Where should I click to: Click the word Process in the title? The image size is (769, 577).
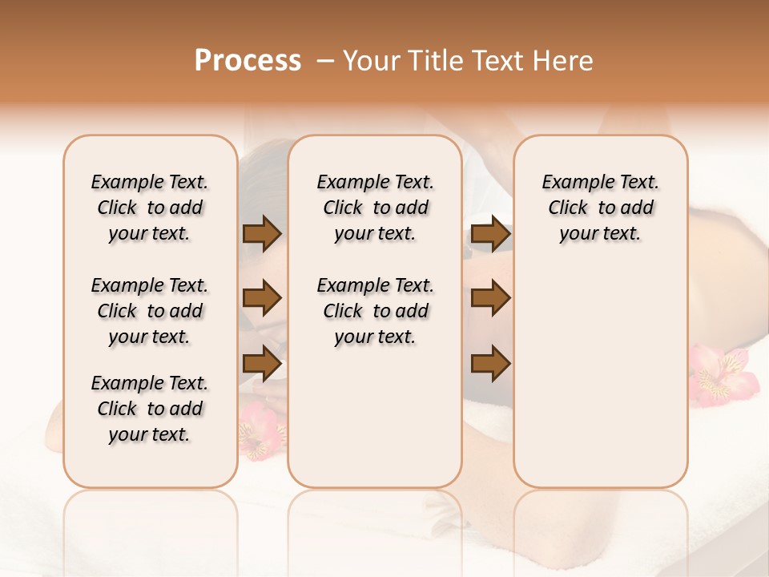pyautogui.click(x=248, y=60)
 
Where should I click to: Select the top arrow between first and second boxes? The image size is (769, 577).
pyautogui.click(x=262, y=234)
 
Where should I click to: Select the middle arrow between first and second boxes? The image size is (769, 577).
pyautogui.click(x=262, y=299)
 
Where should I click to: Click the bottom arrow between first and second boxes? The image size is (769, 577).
pyautogui.click(x=262, y=363)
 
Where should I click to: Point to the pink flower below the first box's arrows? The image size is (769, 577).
pyautogui.click(x=261, y=430)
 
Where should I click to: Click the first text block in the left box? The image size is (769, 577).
pyautogui.click(x=150, y=208)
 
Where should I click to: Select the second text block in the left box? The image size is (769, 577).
pyautogui.click(x=150, y=311)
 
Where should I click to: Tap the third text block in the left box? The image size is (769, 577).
pyautogui.click(x=150, y=409)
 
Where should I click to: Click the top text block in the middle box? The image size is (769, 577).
pyautogui.click(x=375, y=208)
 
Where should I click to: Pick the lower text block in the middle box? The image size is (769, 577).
pyautogui.click(x=375, y=311)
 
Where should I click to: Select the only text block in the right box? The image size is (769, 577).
pyautogui.click(x=600, y=208)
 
